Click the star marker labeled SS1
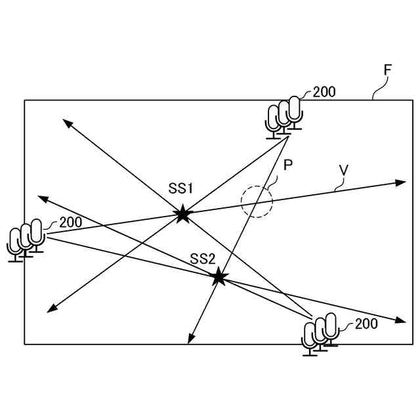(x=182, y=213)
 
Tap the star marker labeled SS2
(x=219, y=278)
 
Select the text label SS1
(x=181, y=189)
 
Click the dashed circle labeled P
(x=257, y=201)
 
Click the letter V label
(x=343, y=170)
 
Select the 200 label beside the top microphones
(x=324, y=92)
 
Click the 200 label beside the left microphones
(x=71, y=222)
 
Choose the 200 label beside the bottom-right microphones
(x=366, y=324)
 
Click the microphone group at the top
(x=284, y=117)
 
